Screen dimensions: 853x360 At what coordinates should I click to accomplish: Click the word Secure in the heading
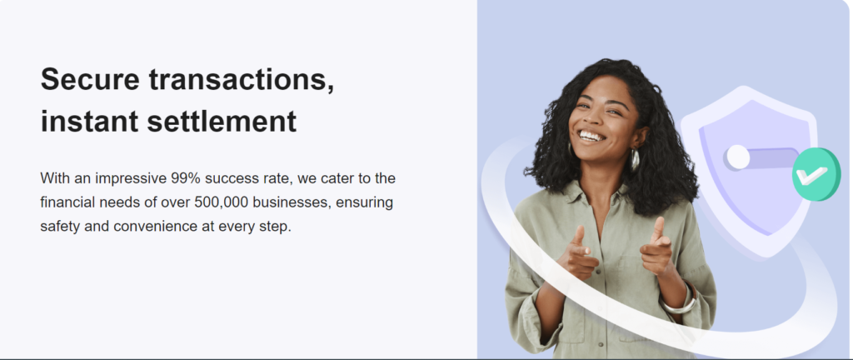pyautogui.click(x=90, y=79)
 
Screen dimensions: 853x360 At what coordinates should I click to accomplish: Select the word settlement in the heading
pyautogui.click(x=222, y=122)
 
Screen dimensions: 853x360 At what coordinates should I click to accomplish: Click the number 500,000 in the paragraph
pyautogui.click(x=222, y=202)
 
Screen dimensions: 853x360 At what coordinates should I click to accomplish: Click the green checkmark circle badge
pyautogui.click(x=816, y=174)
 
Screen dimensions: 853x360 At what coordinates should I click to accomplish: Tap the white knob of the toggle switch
pyautogui.click(x=738, y=157)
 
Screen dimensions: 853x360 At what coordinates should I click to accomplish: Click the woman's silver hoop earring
pyautogui.click(x=634, y=161)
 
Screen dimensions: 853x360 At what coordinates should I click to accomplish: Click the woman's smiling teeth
pyautogui.click(x=591, y=135)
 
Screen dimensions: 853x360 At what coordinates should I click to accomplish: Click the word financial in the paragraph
pyautogui.click(x=67, y=202)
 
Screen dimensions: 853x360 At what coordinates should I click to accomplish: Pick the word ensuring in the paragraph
pyautogui.click(x=365, y=203)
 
